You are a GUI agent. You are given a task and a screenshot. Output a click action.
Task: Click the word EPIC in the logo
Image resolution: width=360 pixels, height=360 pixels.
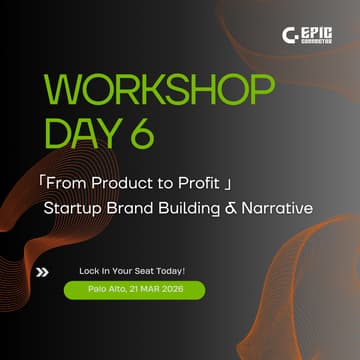click(x=320, y=30)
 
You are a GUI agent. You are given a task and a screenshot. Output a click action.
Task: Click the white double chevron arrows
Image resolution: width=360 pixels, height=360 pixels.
click(x=41, y=271)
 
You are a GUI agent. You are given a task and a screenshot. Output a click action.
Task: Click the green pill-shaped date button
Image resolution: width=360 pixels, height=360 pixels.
click(x=133, y=290)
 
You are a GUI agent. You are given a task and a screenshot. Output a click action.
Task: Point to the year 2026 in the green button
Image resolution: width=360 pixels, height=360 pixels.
click(x=182, y=290)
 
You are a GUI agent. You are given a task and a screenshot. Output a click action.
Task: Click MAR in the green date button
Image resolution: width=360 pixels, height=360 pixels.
click(x=156, y=290)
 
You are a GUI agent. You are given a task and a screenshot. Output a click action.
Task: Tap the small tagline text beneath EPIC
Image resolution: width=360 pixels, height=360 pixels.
click(x=320, y=42)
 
